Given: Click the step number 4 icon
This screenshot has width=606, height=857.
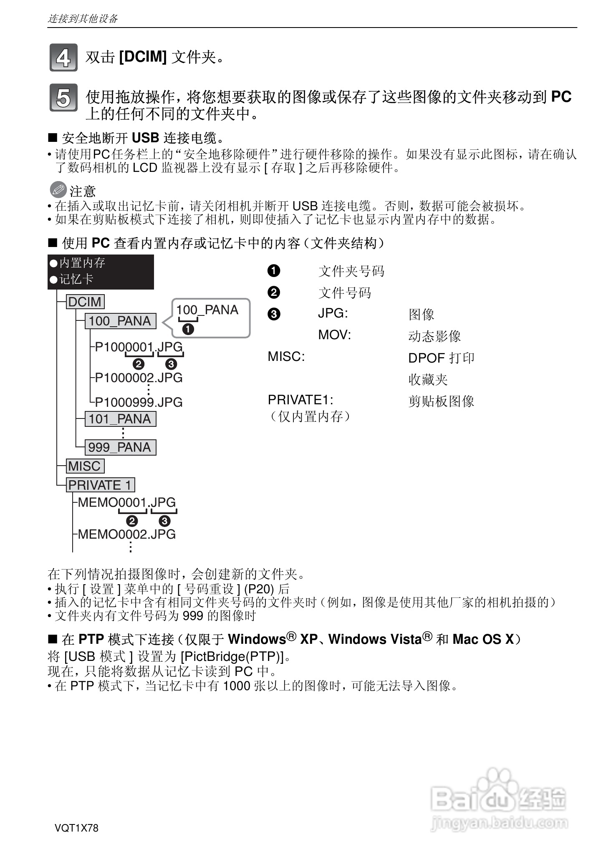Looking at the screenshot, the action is click(x=63, y=58).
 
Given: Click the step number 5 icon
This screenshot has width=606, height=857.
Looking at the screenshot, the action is click(x=63, y=98).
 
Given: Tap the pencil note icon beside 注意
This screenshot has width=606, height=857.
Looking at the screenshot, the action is click(x=58, y=190).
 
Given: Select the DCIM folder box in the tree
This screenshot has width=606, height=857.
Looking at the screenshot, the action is click(x=85, y=302).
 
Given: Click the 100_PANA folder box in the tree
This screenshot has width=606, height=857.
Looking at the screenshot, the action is click(x=120, y=321).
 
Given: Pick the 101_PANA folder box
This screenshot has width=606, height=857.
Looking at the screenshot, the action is click(x=120, y=419).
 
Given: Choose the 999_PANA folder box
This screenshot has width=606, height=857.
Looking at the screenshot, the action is click(x=120, y=447).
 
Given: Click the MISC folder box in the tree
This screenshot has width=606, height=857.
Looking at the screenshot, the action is click(x=85, y=466).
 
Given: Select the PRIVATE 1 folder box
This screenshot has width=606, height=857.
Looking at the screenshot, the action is click(x=100, y=485).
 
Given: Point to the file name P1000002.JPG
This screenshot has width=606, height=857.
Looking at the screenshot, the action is click(x=139, y=378).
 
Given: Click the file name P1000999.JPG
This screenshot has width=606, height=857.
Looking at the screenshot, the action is click(x=139, y=402).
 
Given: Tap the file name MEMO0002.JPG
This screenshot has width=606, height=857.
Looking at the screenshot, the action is click(x=127, y=534).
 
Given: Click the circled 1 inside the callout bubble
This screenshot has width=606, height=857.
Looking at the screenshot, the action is click(x=188, y=330).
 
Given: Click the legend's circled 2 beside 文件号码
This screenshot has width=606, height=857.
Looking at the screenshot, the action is click(x=274, y=292).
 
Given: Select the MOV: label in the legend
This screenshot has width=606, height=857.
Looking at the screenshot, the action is click(x=334, y=335).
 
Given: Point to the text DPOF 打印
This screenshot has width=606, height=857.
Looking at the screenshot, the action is click(x=441, y=358).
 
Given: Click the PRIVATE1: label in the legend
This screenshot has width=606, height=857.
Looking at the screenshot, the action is click(x=300, y=400).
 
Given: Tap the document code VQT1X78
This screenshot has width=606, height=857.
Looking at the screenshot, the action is click(x=76, y=828).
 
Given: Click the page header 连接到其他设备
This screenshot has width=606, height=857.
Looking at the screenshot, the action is click(x=83, y=19).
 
